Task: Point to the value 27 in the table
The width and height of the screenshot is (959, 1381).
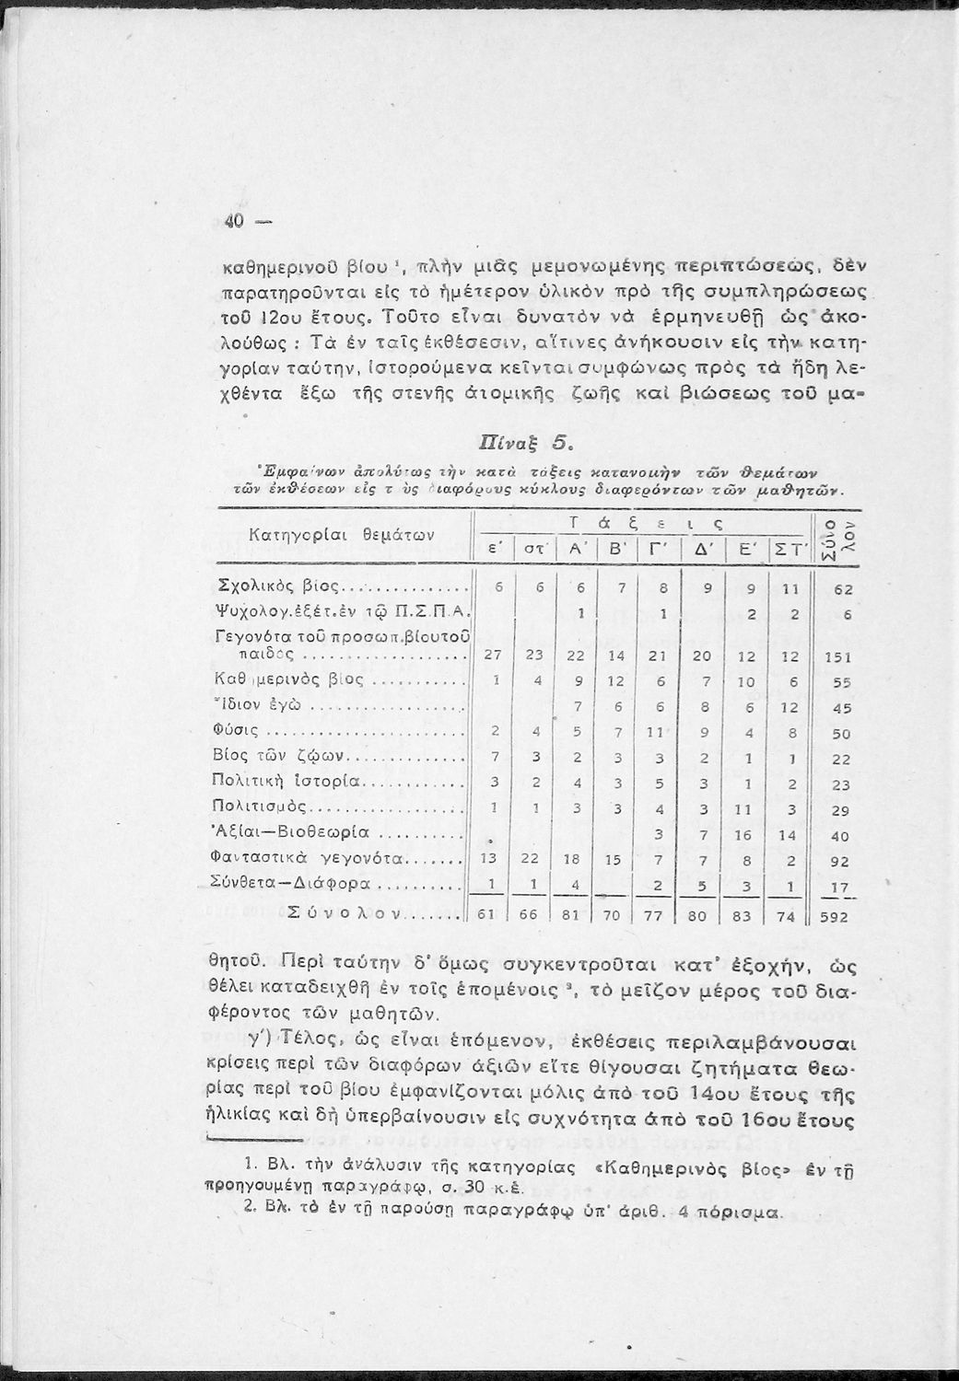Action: pyautogui.click(x=490, y=656)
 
